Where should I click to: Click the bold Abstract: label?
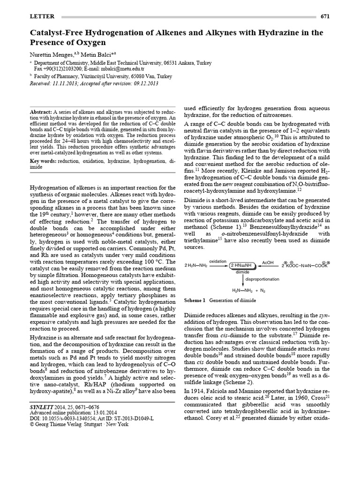pos(41,112)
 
